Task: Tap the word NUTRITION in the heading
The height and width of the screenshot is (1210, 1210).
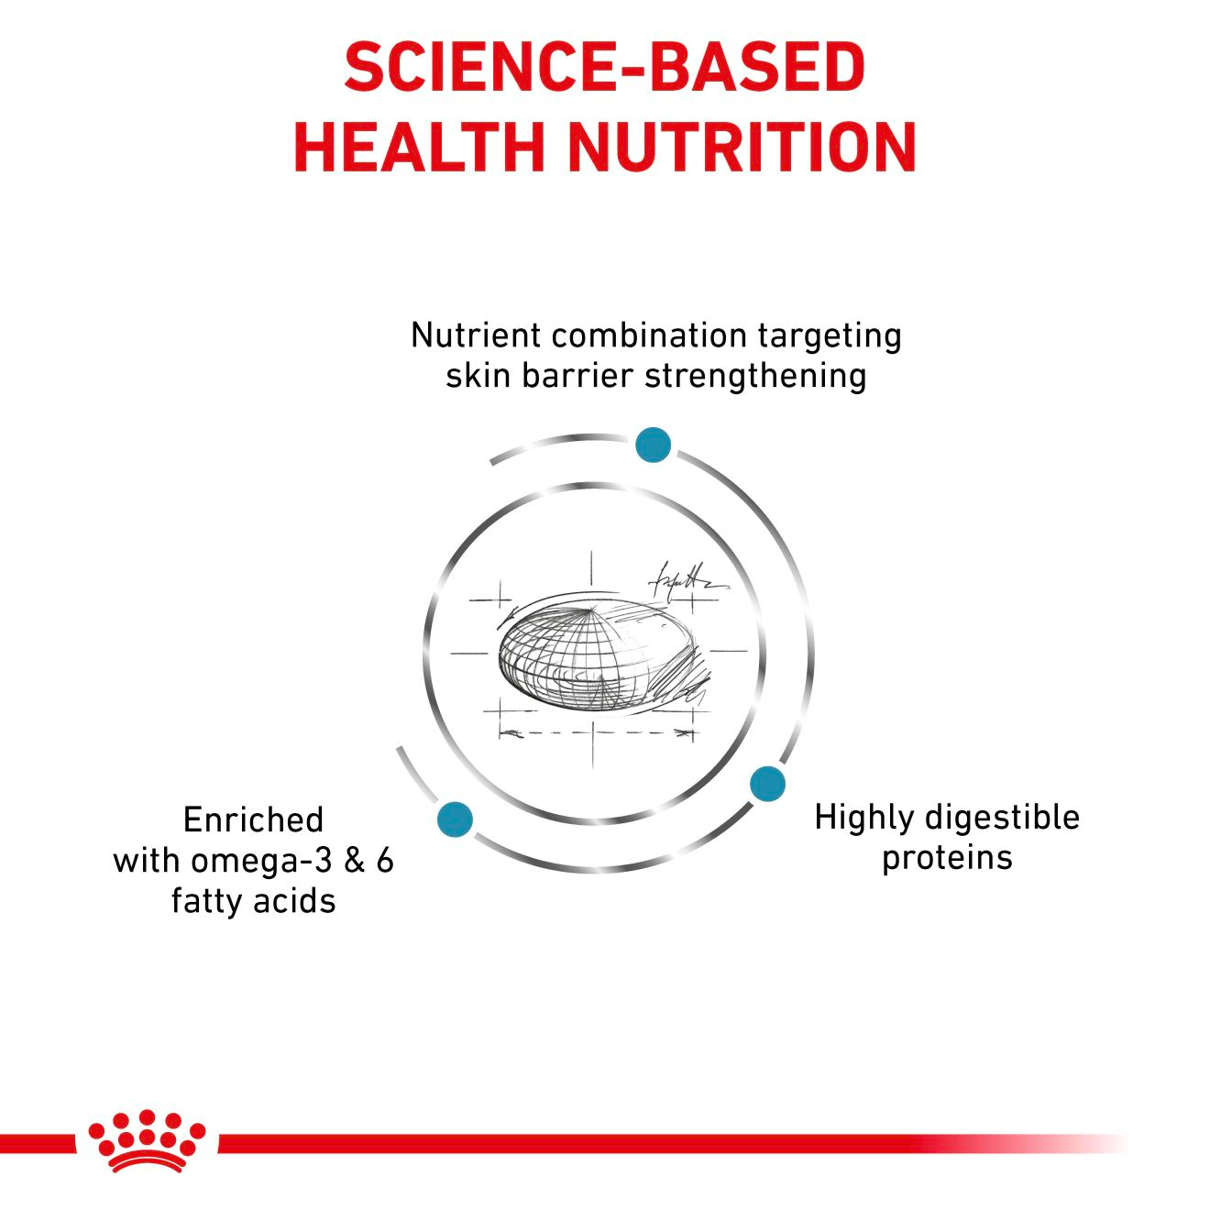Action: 742,147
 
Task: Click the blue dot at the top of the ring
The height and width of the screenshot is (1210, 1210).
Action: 653,445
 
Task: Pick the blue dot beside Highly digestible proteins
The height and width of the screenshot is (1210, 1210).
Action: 767,784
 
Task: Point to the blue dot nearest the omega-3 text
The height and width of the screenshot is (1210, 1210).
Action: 456,818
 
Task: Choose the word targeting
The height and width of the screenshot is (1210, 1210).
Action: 830,337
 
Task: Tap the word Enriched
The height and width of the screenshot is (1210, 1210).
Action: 253,819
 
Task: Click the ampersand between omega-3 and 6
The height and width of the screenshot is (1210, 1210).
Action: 355,861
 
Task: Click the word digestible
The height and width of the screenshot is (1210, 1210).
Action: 1002,819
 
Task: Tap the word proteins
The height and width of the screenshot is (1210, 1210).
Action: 947,859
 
